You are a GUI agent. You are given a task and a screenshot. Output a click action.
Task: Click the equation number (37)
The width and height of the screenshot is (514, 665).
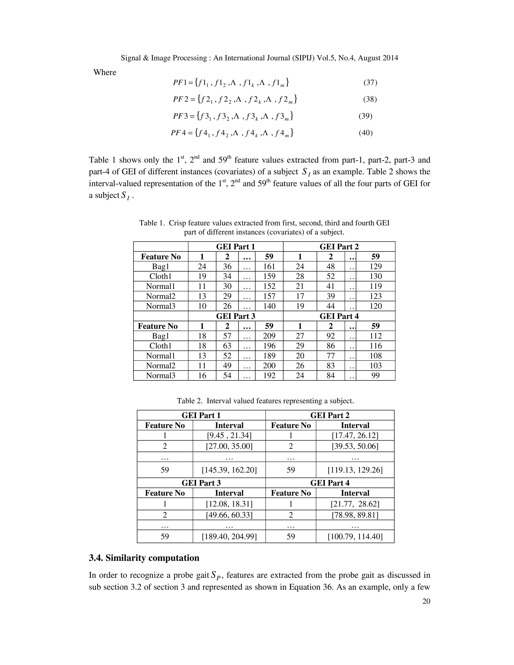(x=370, y=83)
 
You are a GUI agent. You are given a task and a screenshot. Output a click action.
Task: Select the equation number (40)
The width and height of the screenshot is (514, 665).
(x=365, y=133)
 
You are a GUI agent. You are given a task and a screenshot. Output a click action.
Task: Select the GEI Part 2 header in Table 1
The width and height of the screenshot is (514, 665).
(x=339, y=247)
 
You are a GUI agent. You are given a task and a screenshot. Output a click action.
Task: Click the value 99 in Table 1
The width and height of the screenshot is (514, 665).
(x=375, y=375)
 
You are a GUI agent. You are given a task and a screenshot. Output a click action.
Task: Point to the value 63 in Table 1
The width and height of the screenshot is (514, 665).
(x=227, y=346)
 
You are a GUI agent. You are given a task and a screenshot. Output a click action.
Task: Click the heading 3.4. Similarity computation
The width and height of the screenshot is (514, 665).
(x=144, y=558)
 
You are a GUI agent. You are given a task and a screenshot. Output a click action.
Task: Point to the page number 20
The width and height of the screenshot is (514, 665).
(x=426, y=601)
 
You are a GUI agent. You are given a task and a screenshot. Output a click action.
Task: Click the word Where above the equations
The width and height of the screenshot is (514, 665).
(x=105, y=73)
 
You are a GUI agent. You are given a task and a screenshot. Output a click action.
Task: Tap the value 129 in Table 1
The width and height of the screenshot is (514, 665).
(x=375, y=267)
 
